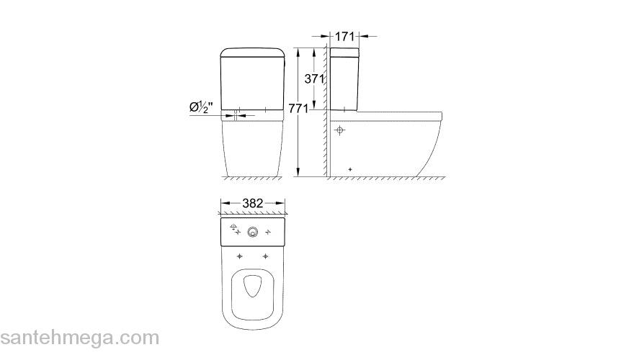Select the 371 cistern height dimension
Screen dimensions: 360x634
point(313,79)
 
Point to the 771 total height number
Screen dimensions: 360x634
point(298,109)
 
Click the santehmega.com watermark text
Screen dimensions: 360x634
point(79,337)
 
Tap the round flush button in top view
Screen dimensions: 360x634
point(253,232)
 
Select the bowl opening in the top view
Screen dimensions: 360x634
point(253,286)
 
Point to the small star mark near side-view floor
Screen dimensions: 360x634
point(350,169)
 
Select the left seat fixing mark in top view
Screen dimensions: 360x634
point(239,257)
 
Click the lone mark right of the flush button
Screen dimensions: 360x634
point(269,233)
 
